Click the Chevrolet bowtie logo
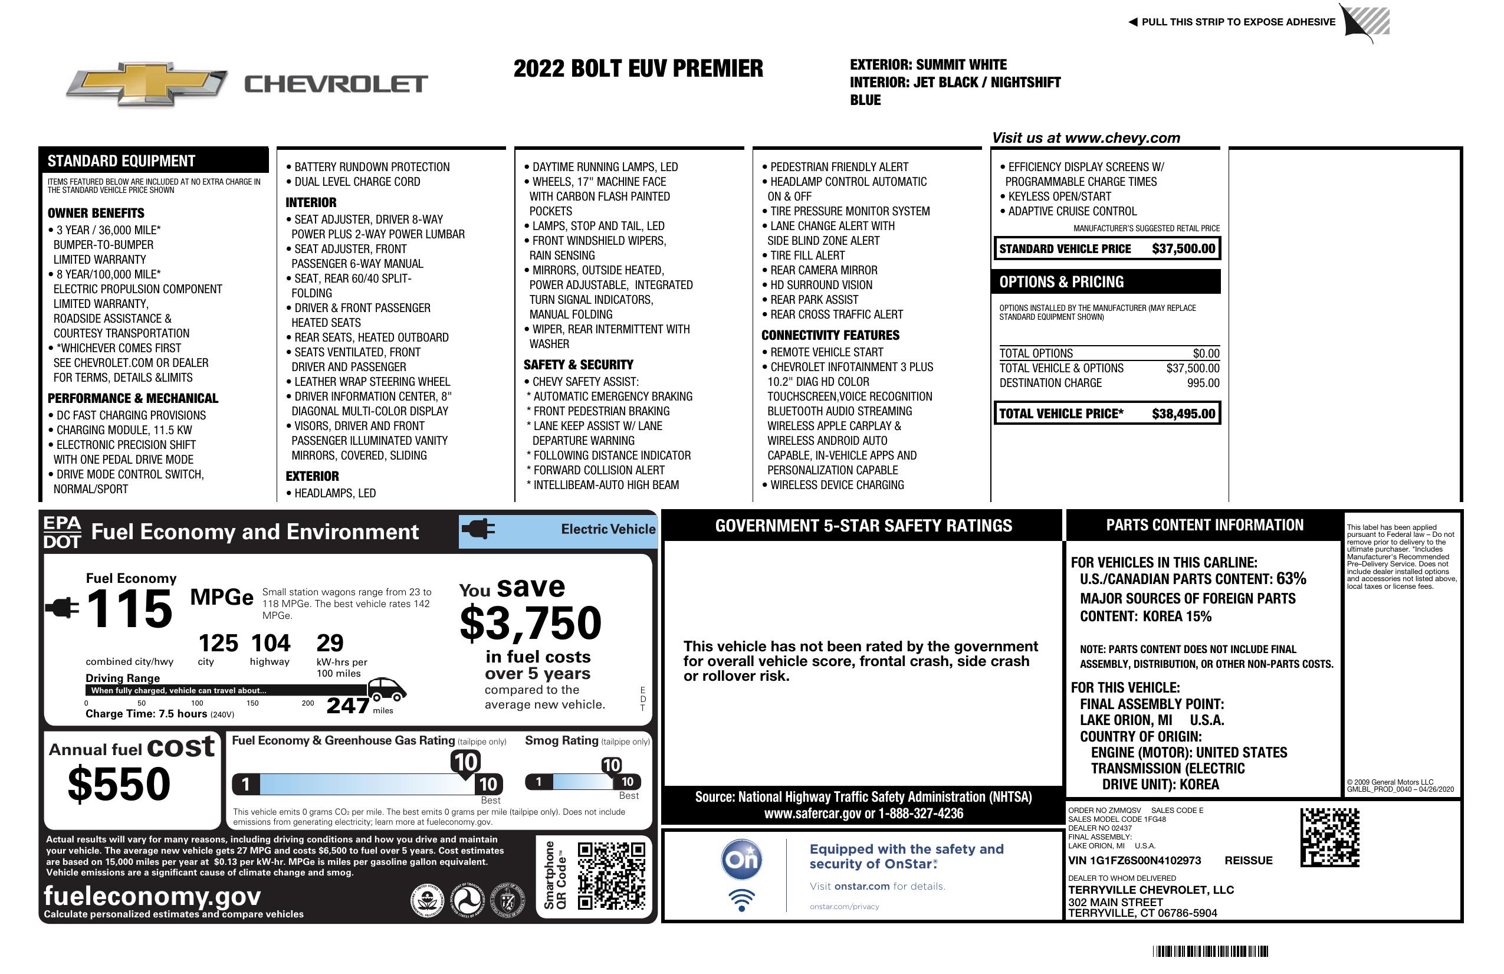pyautogui.click(x=147, y=83)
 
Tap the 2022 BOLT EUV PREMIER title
pyautogui.click(x=638, y=68)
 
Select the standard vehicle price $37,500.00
pyautogui.click(x=1183, y=248)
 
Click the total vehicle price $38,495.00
pyautogui.click(x=1183, y=414)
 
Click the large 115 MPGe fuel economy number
pyautogui.click(x=130, y=609)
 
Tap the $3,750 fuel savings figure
pyautogui.click(x=531, y=623)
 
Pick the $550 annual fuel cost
pyautogui.click(x=119, y=784)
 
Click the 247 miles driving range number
pyautogui.click(x=347, y=705)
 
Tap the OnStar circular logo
pyautogui.click(x=741, y=860)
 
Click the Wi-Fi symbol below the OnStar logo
pyautogui.click(x=741, y=900)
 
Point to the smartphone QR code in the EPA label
pyautogui.click(x=611, y=875)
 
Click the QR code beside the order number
pyautogui.click(x=1329, y=837)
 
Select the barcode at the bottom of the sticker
pyautogui.click(x=1210, y=951)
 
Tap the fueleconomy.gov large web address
pyautogui.click(x=152, y=896)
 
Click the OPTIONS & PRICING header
pyautogui.click(x=1062, y=282)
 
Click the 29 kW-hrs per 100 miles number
pyautogui.click(x=330, y=644)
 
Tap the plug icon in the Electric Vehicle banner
pyautogui.click(x=478, y=529)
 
